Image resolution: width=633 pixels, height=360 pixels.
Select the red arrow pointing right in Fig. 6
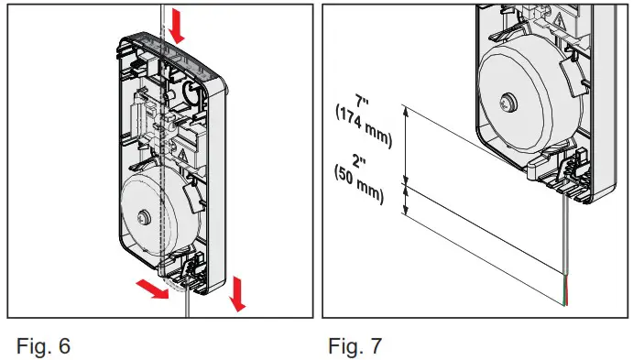[153, 289]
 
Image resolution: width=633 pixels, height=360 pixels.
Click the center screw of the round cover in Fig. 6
[143, 217]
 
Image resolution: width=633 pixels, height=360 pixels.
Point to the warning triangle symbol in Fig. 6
[182, 154]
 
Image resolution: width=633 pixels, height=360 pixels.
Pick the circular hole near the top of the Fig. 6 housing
[191, 91]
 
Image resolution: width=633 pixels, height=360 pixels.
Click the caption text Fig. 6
[43, 346]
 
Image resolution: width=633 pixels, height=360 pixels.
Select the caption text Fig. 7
[355, 346]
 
